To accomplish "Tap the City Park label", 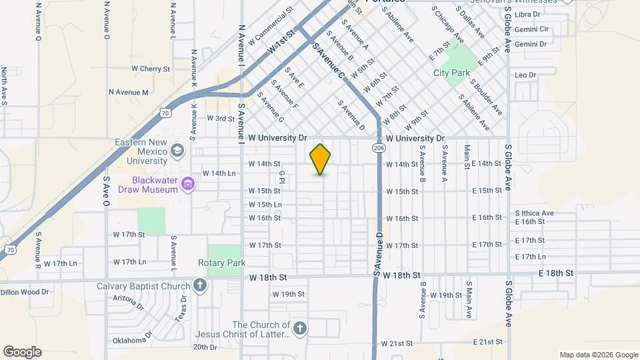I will tap(451, 73).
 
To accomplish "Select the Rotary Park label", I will tap(221, 263).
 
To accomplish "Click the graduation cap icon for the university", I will tap(177, 151).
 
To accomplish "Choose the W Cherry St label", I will tap(151, 69).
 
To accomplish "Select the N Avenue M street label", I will tap(129, 92).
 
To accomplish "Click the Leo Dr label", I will tap(525, 75).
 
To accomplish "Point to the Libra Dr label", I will tap(527, 14).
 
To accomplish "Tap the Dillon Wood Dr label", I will tap(25, 292).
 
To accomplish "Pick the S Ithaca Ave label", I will tap(534, 213).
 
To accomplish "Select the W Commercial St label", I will tap(270, 27).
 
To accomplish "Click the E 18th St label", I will tap(555, 273).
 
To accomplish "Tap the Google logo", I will tap(22, 352).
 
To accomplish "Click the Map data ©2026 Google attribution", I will tap(598, 355).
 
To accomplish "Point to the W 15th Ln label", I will tap(265, 205).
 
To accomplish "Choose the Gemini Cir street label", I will tap(531, 29).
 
